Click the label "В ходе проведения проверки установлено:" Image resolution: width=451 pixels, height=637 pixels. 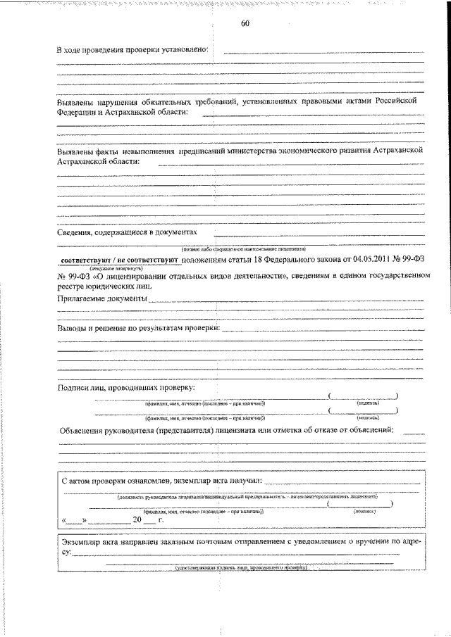tap(132, 51)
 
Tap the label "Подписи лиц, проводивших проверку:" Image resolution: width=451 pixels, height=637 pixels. tap(126, 388)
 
